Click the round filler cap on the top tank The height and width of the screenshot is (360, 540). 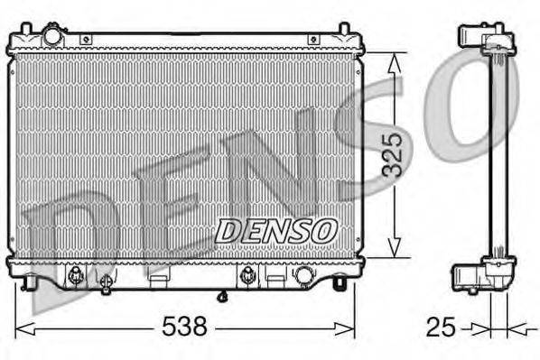[52, 36]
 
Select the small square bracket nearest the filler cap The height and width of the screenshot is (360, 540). [86, 40]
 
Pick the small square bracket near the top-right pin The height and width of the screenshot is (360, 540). [312, 40]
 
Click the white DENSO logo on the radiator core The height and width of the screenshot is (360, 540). [275, 230]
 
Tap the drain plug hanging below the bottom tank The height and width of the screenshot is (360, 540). [222, 295]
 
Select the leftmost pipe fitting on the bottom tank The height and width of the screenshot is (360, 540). [75, 274]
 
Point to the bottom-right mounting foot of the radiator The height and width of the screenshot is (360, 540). [340, 283]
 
